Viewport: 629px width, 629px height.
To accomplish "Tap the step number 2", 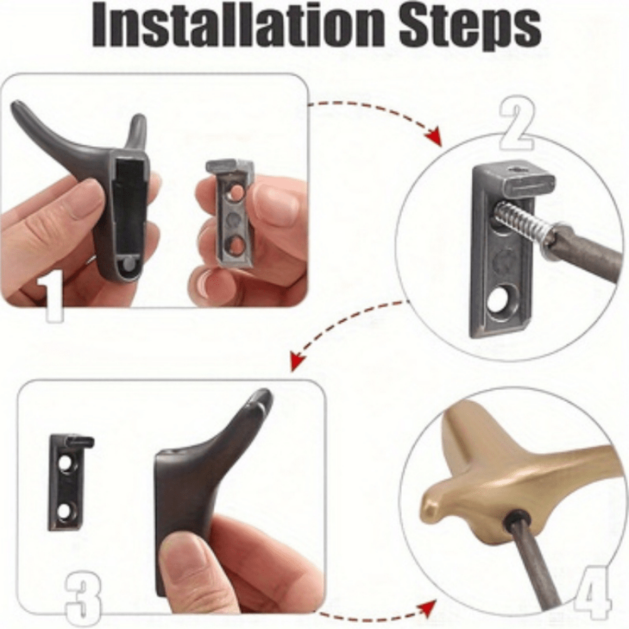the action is [516, 124].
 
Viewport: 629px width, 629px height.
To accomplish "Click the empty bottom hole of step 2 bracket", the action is [498, 298].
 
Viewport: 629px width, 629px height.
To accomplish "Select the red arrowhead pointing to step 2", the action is [435, 136].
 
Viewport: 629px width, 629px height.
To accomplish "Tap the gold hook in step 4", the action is [501, 477].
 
